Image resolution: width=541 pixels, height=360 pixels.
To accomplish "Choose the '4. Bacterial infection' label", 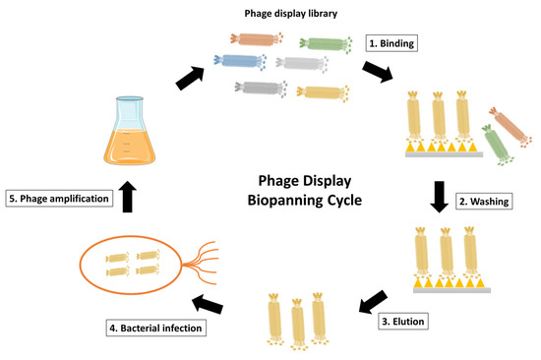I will click(157, 327).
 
